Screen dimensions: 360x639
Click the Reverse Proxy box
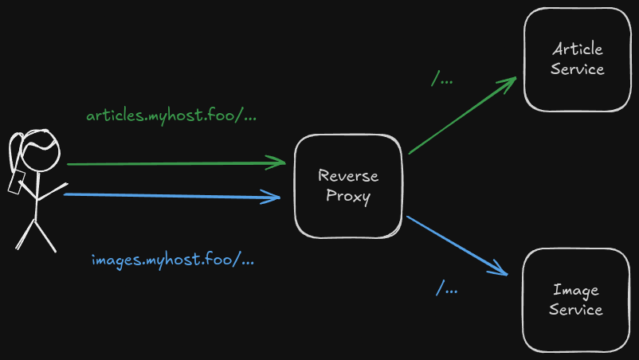(347, 186)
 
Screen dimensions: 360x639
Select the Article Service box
(577, 60)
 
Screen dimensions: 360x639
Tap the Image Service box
(576, 299)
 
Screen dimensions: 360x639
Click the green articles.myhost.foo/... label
(171, 115)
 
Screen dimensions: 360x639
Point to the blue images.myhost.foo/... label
(173, 260)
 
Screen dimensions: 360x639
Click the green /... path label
(442, 80)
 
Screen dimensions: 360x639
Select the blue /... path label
(446, 288)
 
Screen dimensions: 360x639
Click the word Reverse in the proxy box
(348, 175)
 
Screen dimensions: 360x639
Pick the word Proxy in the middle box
(348, 197)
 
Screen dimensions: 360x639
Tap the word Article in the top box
(577, 49)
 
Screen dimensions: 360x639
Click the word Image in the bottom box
(576, 290)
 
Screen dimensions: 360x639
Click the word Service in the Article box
(577, 69)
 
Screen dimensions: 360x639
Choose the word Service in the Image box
(576, 310)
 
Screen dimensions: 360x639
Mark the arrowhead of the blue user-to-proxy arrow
(276, 196)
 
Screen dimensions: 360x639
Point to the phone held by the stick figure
(15, 183)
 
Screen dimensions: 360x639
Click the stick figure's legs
(36, 234)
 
